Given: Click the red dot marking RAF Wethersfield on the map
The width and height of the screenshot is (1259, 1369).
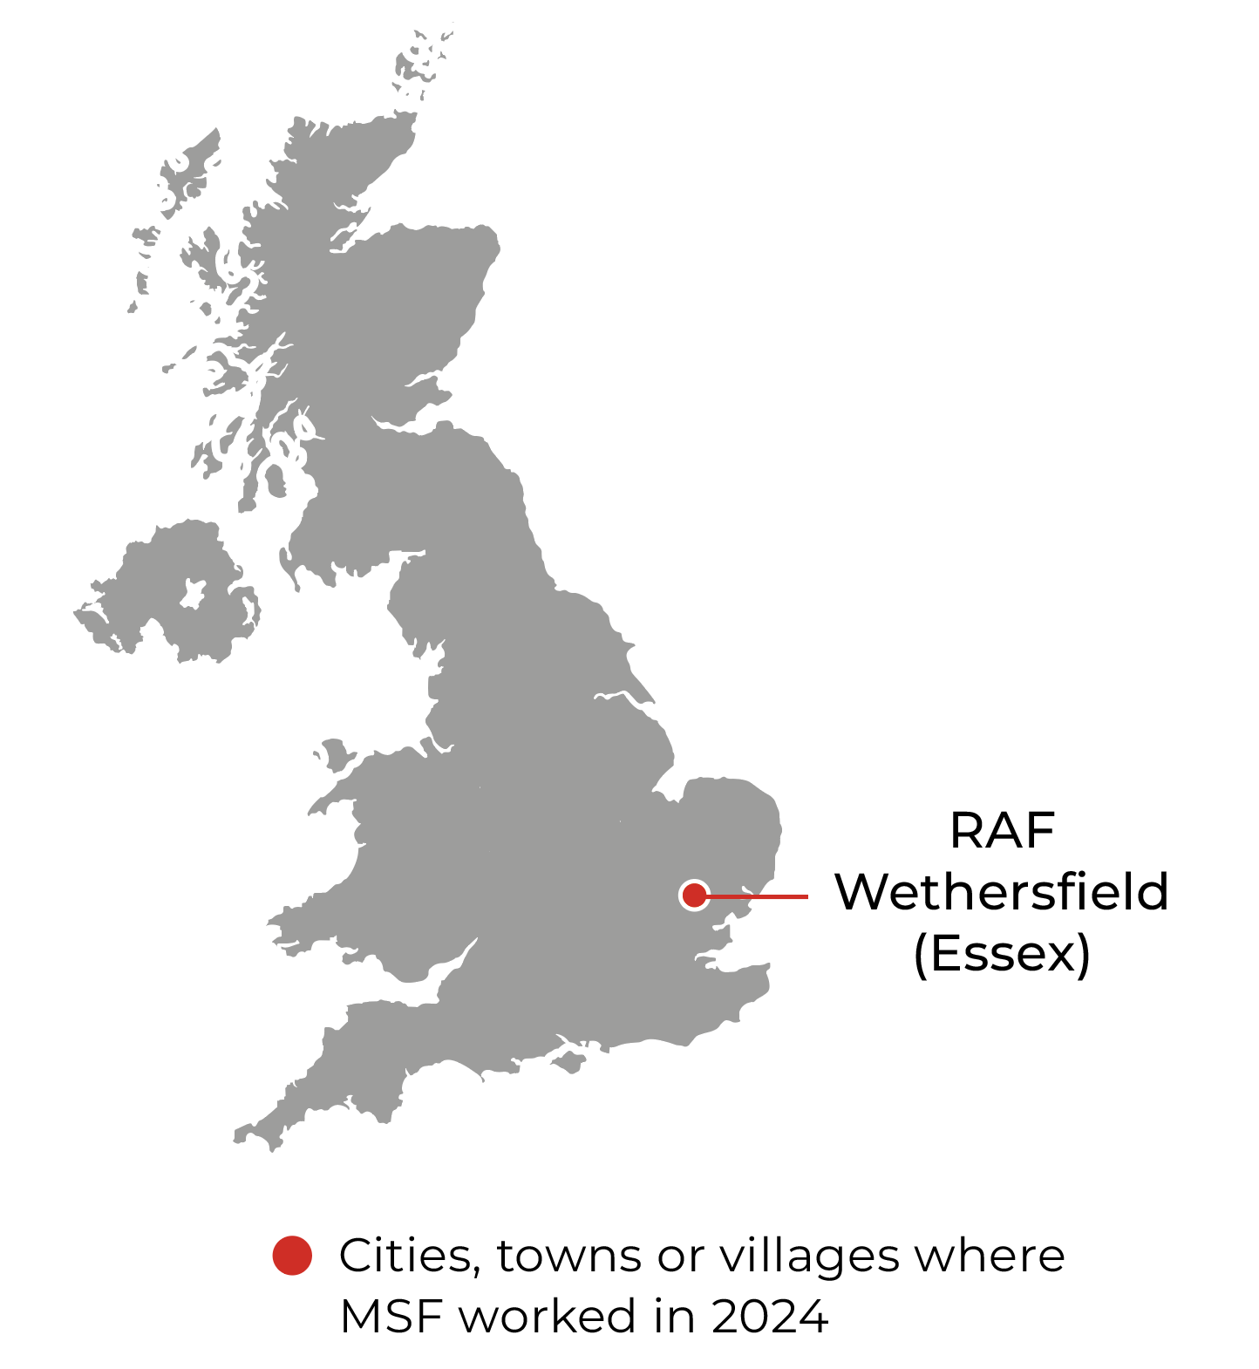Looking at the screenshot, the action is click(x=694, y=895).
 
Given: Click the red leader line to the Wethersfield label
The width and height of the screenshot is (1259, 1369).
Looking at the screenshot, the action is click(x=759, y=896).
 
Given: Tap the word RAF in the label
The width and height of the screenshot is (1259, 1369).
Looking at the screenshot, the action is click(x=1002, y=830).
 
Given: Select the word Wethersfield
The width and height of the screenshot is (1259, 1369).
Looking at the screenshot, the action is click(x=1002, y=892).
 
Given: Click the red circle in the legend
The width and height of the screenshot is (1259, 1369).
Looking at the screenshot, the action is click(x=292, y=1256).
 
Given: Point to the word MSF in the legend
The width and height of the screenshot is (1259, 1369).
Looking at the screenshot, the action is click(x=392, y=1316).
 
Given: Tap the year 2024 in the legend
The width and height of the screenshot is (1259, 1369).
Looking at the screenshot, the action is click(x=770, y=1316).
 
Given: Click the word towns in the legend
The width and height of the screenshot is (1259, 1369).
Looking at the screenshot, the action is click(x=570, y=1257).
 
